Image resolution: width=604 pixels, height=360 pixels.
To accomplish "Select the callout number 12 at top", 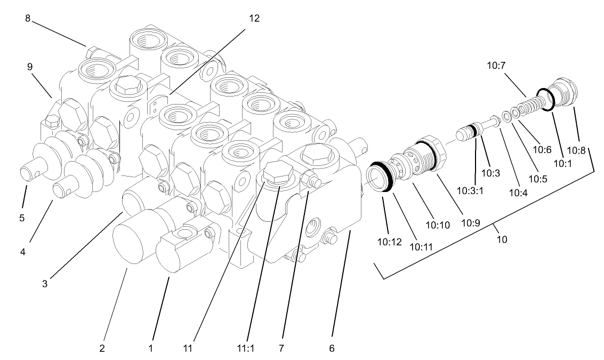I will (x=254, y=18).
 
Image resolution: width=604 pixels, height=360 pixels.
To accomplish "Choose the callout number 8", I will (x=28, y=18).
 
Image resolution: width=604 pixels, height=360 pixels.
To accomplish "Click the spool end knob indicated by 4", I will (x=65, y=187).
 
